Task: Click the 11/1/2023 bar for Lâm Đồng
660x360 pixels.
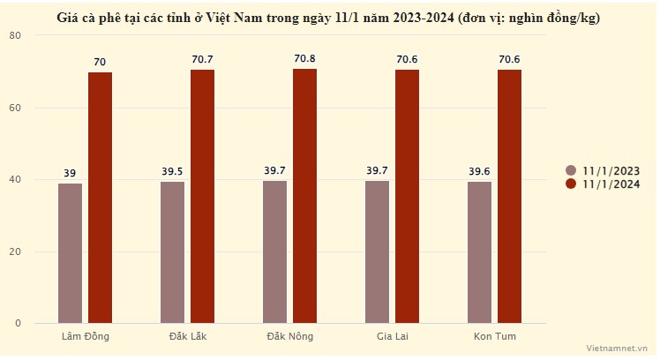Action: (71, 253)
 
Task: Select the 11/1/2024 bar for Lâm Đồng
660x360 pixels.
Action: (100, 198)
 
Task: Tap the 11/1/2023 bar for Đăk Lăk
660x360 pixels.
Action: (173, 252)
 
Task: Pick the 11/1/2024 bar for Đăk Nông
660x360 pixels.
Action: (304, 196)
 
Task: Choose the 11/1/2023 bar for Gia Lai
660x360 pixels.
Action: (377, 251)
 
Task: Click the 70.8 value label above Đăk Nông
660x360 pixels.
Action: (304, 59)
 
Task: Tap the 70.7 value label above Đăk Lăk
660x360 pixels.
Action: (202, 59)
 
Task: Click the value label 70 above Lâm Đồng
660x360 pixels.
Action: (100, 62)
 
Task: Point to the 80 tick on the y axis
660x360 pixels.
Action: (17, 35)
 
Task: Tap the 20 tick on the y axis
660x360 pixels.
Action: (17, 251)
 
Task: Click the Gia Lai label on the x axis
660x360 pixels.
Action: (392, 336)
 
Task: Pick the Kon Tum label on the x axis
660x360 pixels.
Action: (494, 336)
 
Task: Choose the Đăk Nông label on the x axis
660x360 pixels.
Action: (289, 336)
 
